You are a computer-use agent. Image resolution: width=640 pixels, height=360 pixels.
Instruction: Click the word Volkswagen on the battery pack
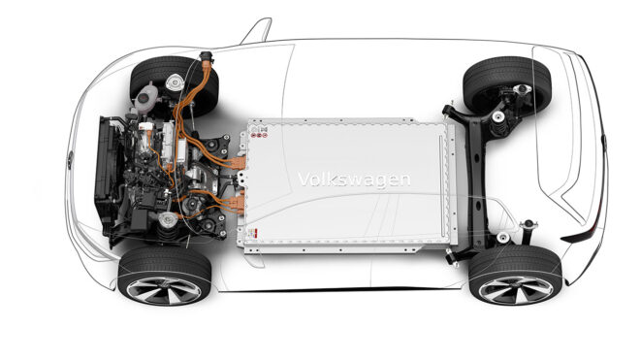(x=354, y=180)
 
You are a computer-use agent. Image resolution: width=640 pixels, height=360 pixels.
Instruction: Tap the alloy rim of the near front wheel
(x=164, y=290)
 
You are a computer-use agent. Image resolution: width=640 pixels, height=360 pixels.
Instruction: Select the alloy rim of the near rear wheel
(x=516, y=290)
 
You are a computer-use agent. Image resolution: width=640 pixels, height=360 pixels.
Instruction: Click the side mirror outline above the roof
(x=257, y=31)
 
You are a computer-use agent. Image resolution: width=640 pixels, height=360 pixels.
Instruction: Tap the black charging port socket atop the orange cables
(x=207, y=58)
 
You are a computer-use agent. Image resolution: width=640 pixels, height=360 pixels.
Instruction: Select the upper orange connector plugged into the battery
(x=238, y=163)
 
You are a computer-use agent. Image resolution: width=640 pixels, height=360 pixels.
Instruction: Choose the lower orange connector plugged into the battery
(x=238, y=203)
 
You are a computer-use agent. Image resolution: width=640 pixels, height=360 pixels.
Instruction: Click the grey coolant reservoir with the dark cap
(x=144, y=98)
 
